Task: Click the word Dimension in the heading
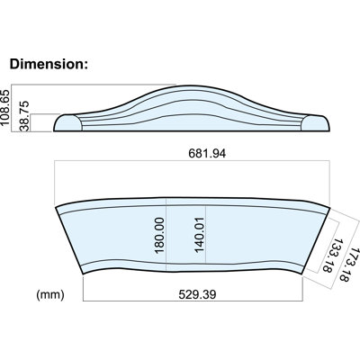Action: (47, 64)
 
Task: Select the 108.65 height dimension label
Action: (5, 107)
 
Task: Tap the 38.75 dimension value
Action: (25, 116)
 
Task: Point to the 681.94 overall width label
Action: (207, 153)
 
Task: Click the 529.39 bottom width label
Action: (197, 294)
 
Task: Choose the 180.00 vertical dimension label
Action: (159, 235)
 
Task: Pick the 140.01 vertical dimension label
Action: (199, 235)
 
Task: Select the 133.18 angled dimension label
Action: (330, 256)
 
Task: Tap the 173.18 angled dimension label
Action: (348, 265)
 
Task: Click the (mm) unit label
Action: (50, 294)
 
